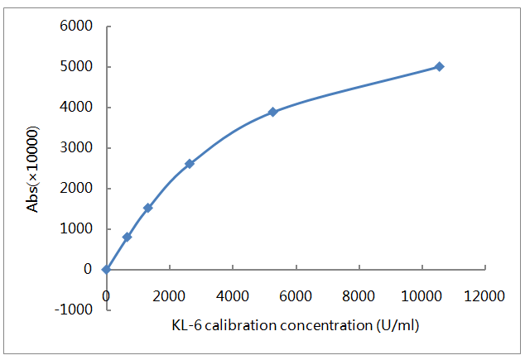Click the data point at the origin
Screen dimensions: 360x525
(x=106, y=269)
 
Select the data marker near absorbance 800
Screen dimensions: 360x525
(x=127, y=237)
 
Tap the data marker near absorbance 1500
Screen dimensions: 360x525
(x=147, y=208)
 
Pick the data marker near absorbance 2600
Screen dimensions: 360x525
(x=190, y=164)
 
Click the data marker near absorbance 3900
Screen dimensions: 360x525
(x=272, y=112)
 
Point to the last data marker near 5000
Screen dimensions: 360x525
(x=439, y=66)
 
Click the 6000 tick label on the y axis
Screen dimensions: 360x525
(x=77, y=26)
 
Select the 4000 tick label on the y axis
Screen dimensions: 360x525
(x=77, y=108)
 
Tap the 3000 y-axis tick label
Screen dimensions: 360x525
(x=77, y=148)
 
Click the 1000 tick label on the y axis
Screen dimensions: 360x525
(x=77, y=228)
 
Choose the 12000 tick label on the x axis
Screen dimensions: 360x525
(x=485, y=296)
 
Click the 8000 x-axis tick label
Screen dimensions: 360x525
(x=359, y=296)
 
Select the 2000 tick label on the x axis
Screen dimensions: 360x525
(x=169, y=296)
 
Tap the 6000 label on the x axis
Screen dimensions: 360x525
(x=296, y=296)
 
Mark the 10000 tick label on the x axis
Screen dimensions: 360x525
(x=422, y=296)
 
